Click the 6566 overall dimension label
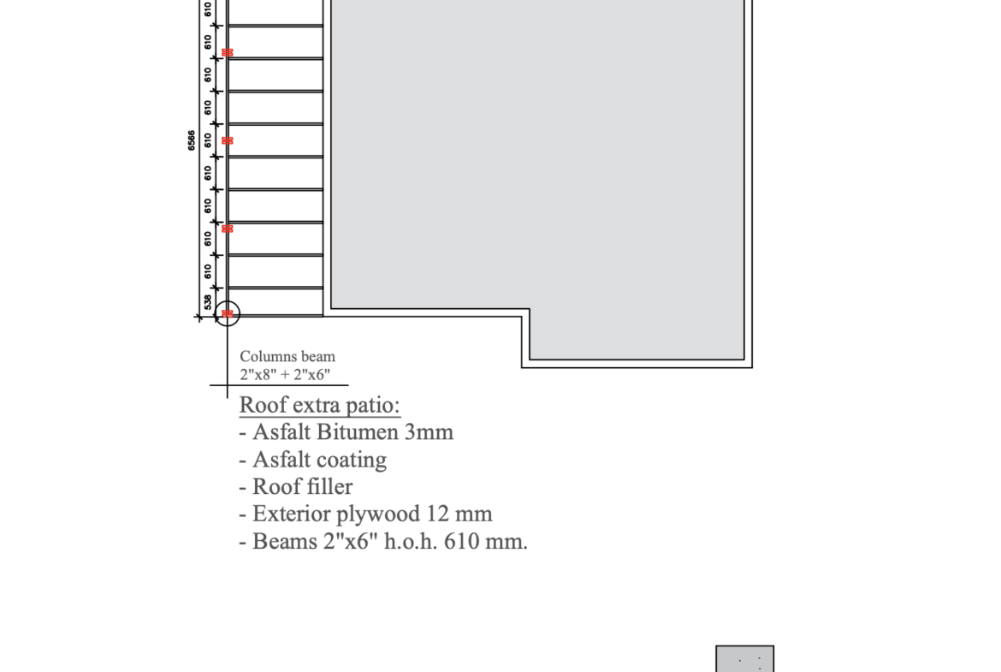[192, 140]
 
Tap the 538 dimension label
[208, 302]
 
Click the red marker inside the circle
[228, 313]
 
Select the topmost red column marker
[228, 52]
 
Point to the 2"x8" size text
[258, 374]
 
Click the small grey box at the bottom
[745, 658]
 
